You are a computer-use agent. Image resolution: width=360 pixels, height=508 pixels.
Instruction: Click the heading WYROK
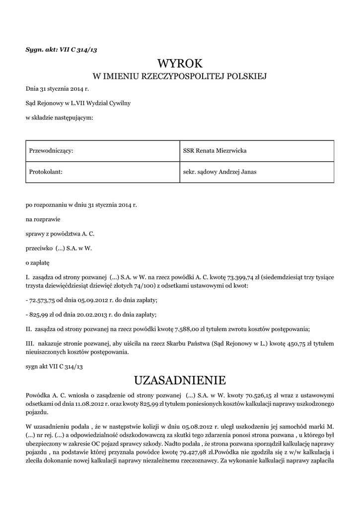click(x=180, y=63)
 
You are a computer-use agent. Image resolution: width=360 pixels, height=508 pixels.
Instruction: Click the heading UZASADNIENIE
click(x=180, y=381)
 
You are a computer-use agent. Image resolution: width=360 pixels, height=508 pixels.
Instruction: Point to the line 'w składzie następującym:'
click(x=59, y=118)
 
